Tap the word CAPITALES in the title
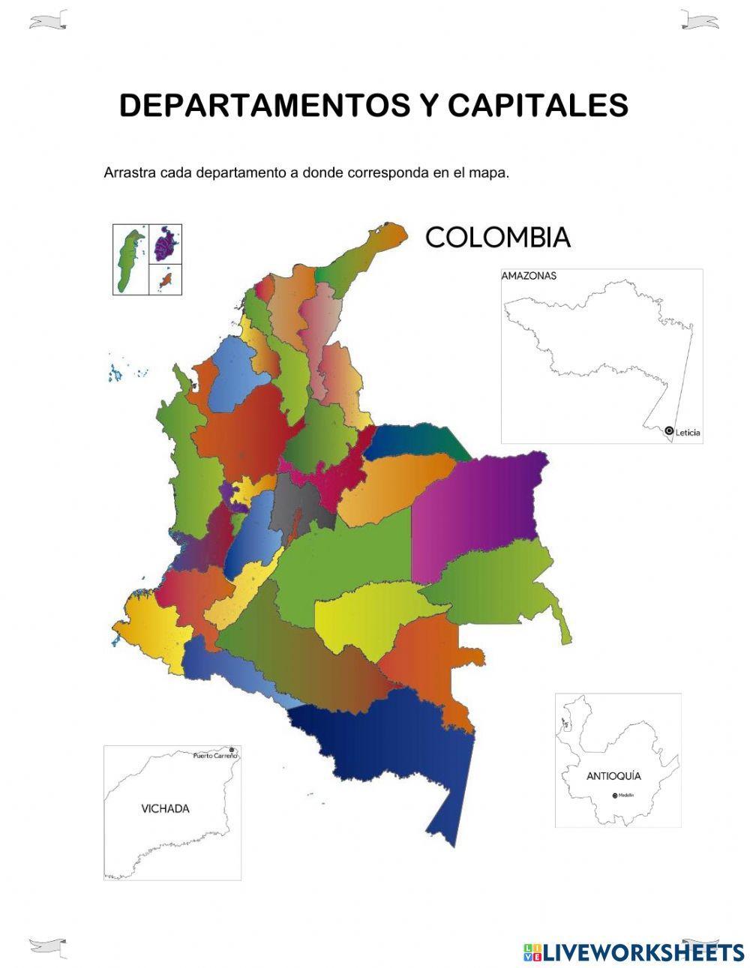(538, 106)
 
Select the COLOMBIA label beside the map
(498, 238)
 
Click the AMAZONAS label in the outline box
(529, 276)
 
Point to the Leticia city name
(688, 433)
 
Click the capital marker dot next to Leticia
(669, 430)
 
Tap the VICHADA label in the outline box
(165, 809)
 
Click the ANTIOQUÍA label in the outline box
(613, 776)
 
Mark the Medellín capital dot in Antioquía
(615, 795)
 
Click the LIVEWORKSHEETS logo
(634, 952)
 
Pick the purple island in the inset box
(166, 243)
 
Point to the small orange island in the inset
(165, 280)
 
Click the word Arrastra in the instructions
(130, 173)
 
